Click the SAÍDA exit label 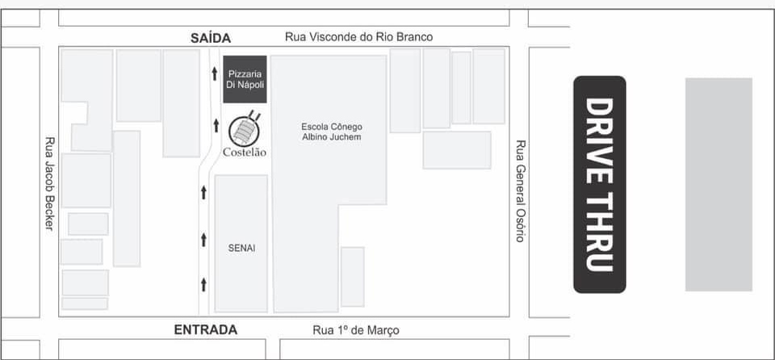coord(211,38)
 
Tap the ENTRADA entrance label coord(206,330)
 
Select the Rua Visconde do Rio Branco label coord(358,37)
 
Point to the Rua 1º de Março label coord(356,330)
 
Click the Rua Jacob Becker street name coord(49,183)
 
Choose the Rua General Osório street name coord(519,191)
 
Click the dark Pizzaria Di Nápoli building coord(245,79)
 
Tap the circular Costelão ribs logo coord(245,130)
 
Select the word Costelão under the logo coord(245,153)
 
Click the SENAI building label coord(241,249)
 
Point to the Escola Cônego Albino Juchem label coord(332,132)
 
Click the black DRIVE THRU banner coord(600,185)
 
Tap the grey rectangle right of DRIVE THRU coord(718,185)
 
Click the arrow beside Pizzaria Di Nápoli coord(215,73)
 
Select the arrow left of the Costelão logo coord(216,126)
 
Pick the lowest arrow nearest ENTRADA coord(203,285)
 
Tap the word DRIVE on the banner coord(600,141)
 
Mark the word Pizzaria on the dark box coord(245,74)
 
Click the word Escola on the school coord(313,127)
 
